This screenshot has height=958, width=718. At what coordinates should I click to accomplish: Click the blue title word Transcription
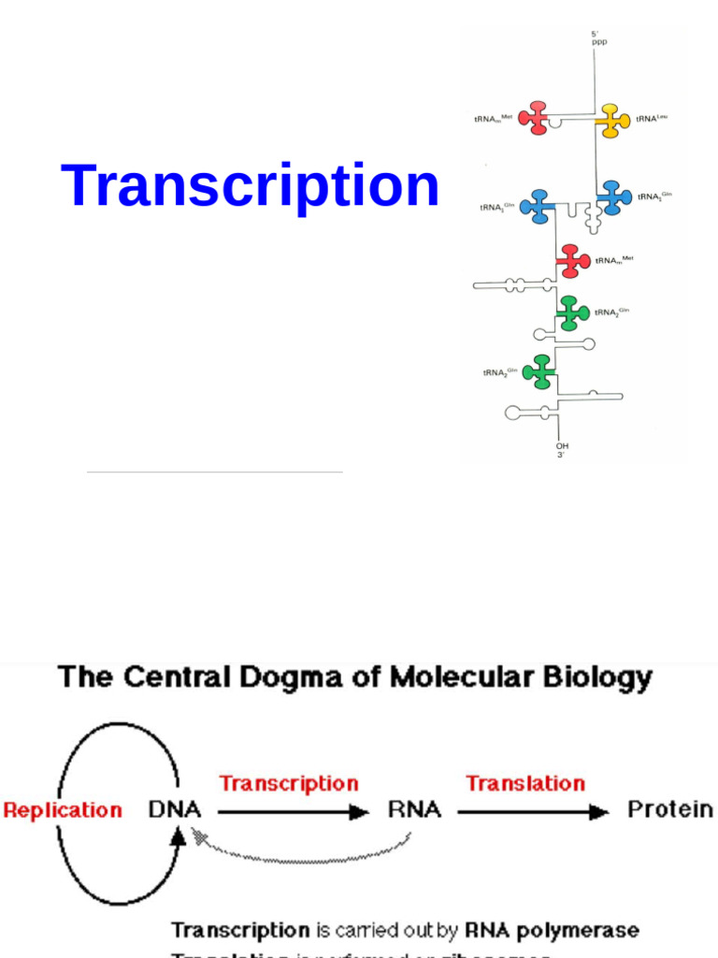pos(251,186)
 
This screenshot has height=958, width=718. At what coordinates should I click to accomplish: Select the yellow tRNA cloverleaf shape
pos(613,121)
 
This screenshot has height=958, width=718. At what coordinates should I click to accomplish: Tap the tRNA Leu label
pos(652,118)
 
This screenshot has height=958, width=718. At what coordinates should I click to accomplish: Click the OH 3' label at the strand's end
pos(562,450)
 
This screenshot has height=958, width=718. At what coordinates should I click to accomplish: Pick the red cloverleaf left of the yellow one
pos(535,118)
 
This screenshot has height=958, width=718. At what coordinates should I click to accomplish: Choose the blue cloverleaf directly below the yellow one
pos(613,197)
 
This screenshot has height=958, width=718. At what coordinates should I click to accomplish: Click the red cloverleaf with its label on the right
pos(572,261)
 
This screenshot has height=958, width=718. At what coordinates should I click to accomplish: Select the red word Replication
pos(63,810)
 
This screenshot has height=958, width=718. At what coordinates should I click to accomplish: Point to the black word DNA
pos(175,809)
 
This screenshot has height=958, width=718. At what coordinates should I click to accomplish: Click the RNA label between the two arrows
pos(414,809)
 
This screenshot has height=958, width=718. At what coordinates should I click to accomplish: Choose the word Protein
pos(669,809)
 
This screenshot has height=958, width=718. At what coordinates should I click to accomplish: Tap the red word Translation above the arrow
pos(525,783)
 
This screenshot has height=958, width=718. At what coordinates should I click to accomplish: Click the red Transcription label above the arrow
pos(288,783)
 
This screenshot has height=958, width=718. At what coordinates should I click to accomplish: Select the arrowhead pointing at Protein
pos(599,812)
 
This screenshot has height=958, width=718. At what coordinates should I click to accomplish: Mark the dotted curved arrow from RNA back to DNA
pos(299,850)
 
